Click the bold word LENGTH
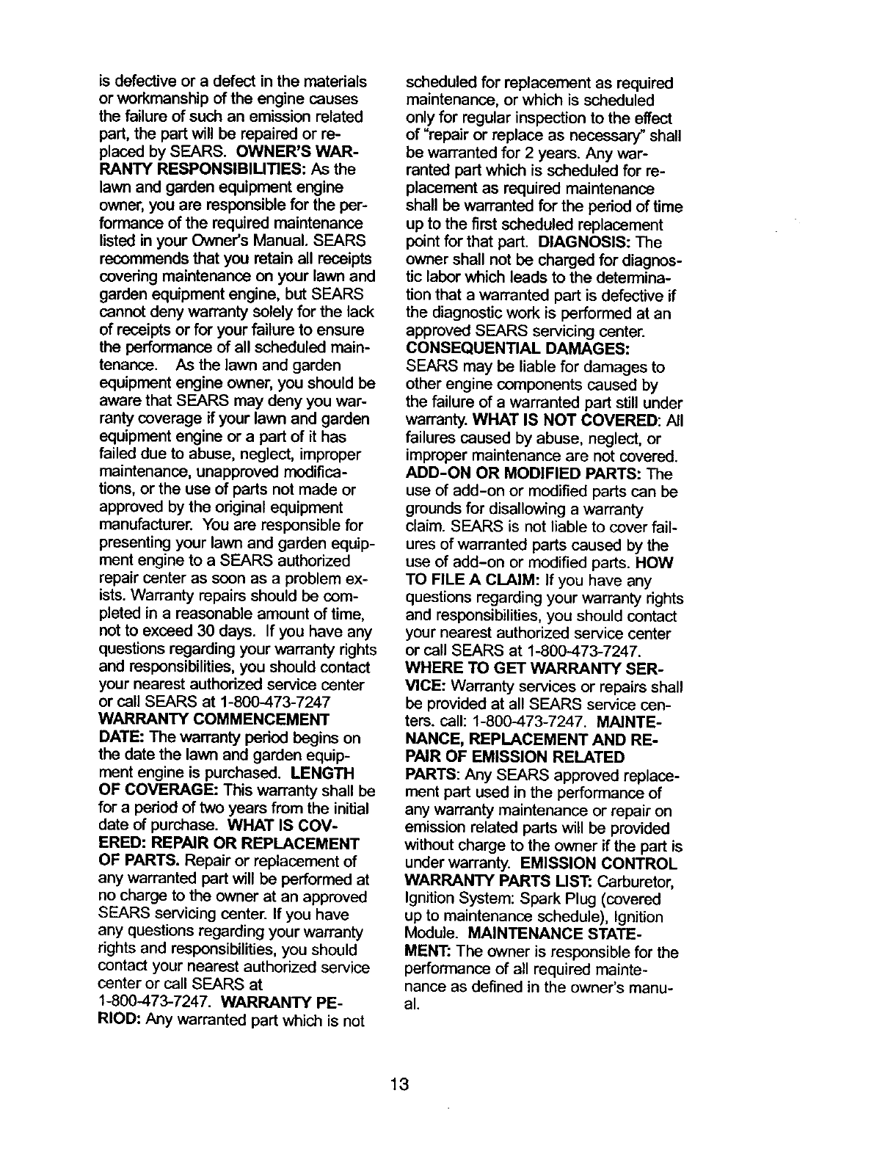tap(322, 774)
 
